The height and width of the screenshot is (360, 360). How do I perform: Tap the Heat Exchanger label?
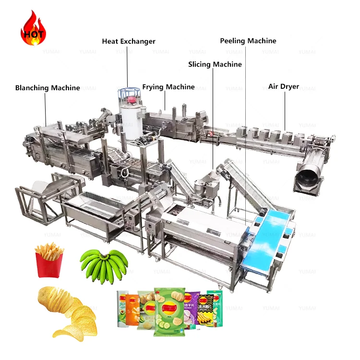tap(129, 41)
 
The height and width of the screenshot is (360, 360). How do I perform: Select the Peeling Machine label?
tap(248, 41)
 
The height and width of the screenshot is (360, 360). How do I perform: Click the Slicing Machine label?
tap(215, 64)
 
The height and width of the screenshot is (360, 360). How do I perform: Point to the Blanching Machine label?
tap(48, 88)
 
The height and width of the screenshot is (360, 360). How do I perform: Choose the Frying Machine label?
tap(168, 87)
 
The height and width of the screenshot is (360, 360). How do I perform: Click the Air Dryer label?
tap(284, 86)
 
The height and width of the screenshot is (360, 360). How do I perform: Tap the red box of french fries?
tap(49, 260)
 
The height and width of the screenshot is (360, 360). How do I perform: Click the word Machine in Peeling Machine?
tap(262, 41)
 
